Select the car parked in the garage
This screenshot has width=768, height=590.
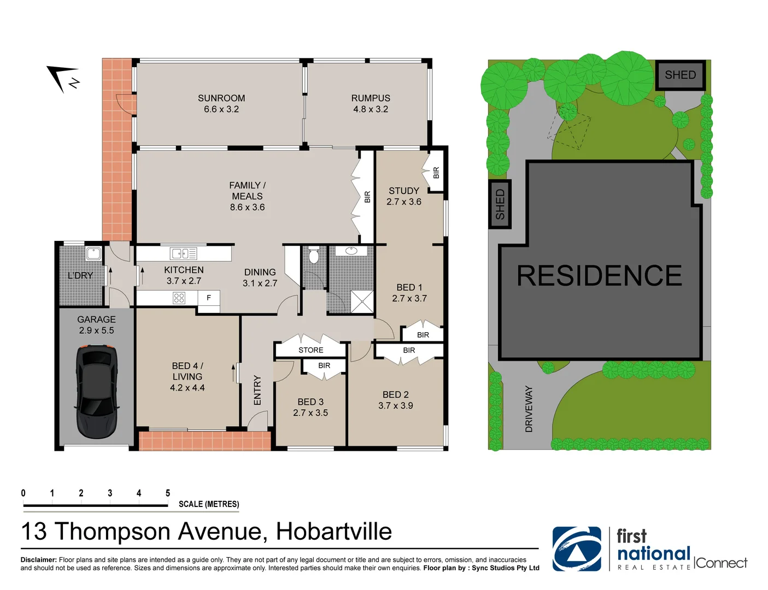[96, 391]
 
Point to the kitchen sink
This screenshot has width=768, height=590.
[184, 253]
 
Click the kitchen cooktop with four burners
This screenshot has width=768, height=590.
[179, 298]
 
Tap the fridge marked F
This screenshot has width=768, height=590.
[208, 298]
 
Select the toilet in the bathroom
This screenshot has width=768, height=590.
[314, 256]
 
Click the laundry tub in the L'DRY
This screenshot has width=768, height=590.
[93, 253]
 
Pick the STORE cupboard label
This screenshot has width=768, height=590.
[310, 350]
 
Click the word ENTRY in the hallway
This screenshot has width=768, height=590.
[257, 390]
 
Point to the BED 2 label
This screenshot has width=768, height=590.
[395, 394]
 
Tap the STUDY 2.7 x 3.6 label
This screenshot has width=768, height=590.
[404, 196]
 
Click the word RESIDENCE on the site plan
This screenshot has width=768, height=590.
[599, 275]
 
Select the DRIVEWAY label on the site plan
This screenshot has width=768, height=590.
[529, 409]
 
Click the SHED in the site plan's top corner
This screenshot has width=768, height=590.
[680, 75]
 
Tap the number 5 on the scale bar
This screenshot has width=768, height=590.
[168, 493]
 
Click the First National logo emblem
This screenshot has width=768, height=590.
[577, 549]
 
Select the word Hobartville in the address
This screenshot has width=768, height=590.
[333, 532]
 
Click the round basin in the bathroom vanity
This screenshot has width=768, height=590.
[351, 251]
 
